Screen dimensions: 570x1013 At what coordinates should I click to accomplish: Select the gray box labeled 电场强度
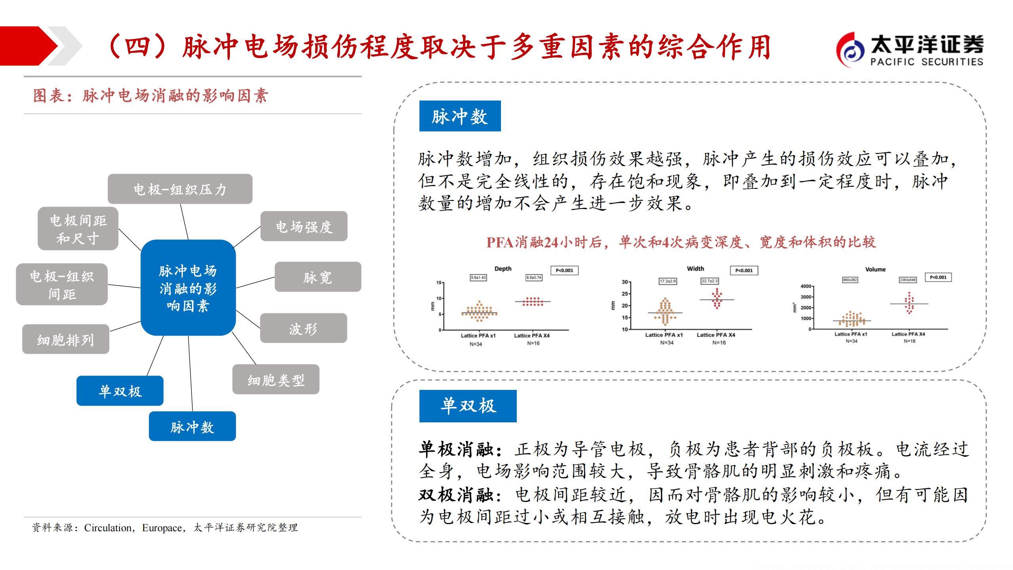(304, 226)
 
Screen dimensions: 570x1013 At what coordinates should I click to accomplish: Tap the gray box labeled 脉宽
(318, 277)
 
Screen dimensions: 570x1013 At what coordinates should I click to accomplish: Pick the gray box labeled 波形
(303, 328)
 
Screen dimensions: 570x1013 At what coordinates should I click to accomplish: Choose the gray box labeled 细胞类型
(276, 380)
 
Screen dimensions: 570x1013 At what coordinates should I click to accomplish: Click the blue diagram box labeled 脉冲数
(192, 426)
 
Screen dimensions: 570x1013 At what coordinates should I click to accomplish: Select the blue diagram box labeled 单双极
(120, 391)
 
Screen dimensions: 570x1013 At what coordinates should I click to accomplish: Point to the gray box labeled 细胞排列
(66, 339)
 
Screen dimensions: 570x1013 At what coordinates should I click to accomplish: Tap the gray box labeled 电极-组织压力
(180, 189)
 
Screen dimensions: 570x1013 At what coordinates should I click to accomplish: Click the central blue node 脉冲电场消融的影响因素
(188, 288)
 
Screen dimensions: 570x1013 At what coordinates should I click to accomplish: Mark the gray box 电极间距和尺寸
(78, 229)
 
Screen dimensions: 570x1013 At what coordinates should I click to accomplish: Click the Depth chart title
(503, 269)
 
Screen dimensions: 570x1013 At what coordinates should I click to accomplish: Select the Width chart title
(695, 269)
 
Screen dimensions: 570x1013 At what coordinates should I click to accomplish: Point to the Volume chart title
(875, 270)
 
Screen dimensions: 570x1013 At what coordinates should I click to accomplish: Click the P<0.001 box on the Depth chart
(564, 271)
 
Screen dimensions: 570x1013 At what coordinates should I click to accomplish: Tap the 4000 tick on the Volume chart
(805, 286)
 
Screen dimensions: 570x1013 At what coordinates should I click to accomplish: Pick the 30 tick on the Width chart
(625, 282)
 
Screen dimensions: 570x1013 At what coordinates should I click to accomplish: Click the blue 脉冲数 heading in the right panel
(460, 116)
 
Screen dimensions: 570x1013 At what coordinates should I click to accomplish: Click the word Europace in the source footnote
(162, 528)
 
